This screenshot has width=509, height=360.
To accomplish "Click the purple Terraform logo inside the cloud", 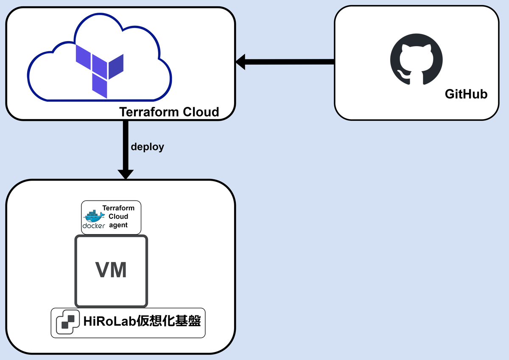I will (x=99, y=67).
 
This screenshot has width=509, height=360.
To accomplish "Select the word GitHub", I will (x=466, y=94).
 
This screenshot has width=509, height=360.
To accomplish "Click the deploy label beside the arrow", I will (x=147, y=147).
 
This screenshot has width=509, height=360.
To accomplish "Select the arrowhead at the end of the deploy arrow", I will (x=126, y=174).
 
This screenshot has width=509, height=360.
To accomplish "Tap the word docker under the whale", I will (x=94, y=226).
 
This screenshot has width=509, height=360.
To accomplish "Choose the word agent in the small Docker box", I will (x=118, y=225).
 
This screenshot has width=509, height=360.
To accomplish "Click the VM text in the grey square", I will (x=111, y=270).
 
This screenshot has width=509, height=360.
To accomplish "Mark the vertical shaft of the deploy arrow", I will (x=126, y=144).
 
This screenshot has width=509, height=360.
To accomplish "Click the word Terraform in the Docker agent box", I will (x=118, y=208).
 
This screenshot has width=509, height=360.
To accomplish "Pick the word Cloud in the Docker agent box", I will (x=118, y=216).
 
